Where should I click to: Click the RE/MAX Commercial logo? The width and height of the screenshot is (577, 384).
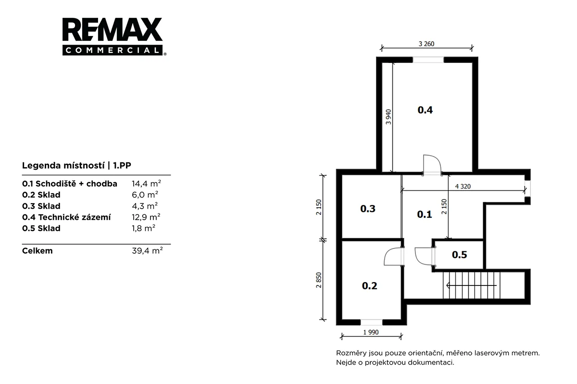pyautogui.click(x=113, y=37)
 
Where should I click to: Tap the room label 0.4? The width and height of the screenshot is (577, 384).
pyautogui.click(x=425, y=110)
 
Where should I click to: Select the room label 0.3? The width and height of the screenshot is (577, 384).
pyautogui.click(x=367, y=209)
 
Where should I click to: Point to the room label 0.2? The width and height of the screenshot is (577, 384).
pyautogui.click(x=369, y=285)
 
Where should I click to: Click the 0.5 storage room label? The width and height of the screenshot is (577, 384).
pyautogui.click(x=459, y=255)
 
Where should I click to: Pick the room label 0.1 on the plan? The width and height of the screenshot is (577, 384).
pyautogui.click(x=424, y=214)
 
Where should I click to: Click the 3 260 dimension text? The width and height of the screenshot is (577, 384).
pyautogui.click(x=426, y=44)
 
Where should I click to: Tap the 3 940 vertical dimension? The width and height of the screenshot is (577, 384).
pyautogui.click(x=389, y=117)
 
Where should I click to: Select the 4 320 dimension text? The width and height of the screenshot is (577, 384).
pyautogui.click(x=463, y=186)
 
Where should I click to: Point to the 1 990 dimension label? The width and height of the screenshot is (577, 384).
pyautogui.click(x=371, y=332)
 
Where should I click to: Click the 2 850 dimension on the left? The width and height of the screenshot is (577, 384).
pyautogui.click(x=319, y=280)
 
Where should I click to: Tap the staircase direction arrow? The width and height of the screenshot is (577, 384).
pyautogui.click(x=471, y=285)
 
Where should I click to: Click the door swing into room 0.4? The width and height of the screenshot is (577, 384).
pyautogui.click(x=432, y=165)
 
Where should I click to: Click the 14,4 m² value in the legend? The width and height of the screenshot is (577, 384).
pyautogui.click(x=146, y=184)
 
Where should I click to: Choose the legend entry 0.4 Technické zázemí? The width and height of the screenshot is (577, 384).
pyautogui.click(x=66, y=217)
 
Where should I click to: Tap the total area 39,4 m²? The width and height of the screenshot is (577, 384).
pyautogui.click(x=147, y=250)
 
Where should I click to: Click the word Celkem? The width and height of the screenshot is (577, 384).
pyautogui.click(x=38, y=250)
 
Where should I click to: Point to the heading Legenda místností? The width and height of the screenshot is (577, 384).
pyautogui.click(x=63, y=165)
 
